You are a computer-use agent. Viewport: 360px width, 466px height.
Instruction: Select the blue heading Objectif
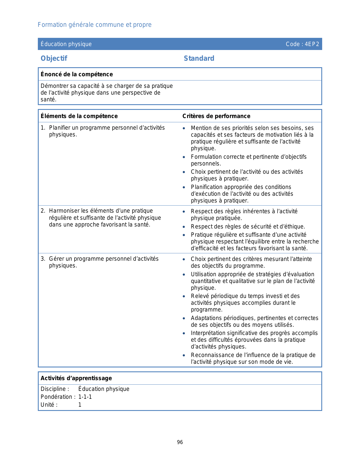click(x=54, y=58)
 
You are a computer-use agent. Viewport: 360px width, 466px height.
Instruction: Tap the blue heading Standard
click(x=199, y=58)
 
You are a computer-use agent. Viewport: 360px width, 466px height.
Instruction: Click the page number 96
click(x=180, y=442)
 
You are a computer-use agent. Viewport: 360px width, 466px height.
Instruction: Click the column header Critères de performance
click(x=216, y=116)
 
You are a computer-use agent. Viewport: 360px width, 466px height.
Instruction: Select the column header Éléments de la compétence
click(x=79, y=116)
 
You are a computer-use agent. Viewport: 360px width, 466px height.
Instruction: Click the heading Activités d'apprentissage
click(x=76, y=378)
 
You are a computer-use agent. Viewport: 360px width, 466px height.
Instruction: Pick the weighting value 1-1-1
click(x=85, y=397)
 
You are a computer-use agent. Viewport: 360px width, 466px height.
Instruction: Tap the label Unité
click(x=49, y=405)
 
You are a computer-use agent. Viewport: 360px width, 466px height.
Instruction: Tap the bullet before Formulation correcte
click(x=184, y=157)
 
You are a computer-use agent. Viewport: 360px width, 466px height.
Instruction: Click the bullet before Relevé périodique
click(x=184, y=296)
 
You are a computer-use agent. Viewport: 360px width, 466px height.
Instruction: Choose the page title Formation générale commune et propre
click(x=95, y=25)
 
